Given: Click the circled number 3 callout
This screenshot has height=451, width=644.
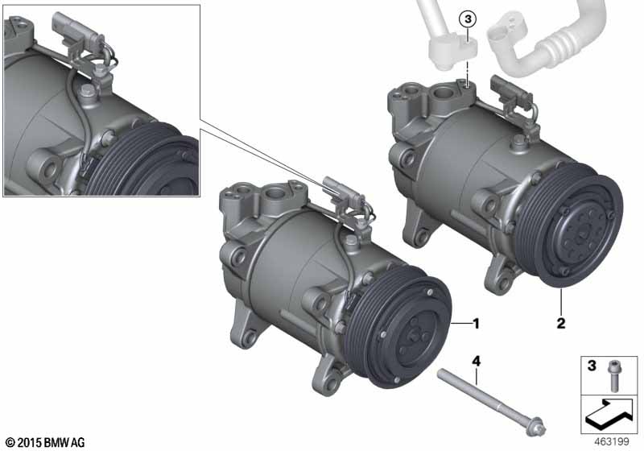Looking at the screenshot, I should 468,19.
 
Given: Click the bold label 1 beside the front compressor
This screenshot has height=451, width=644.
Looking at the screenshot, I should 476,324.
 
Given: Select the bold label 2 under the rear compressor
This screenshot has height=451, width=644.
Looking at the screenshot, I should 560,324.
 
